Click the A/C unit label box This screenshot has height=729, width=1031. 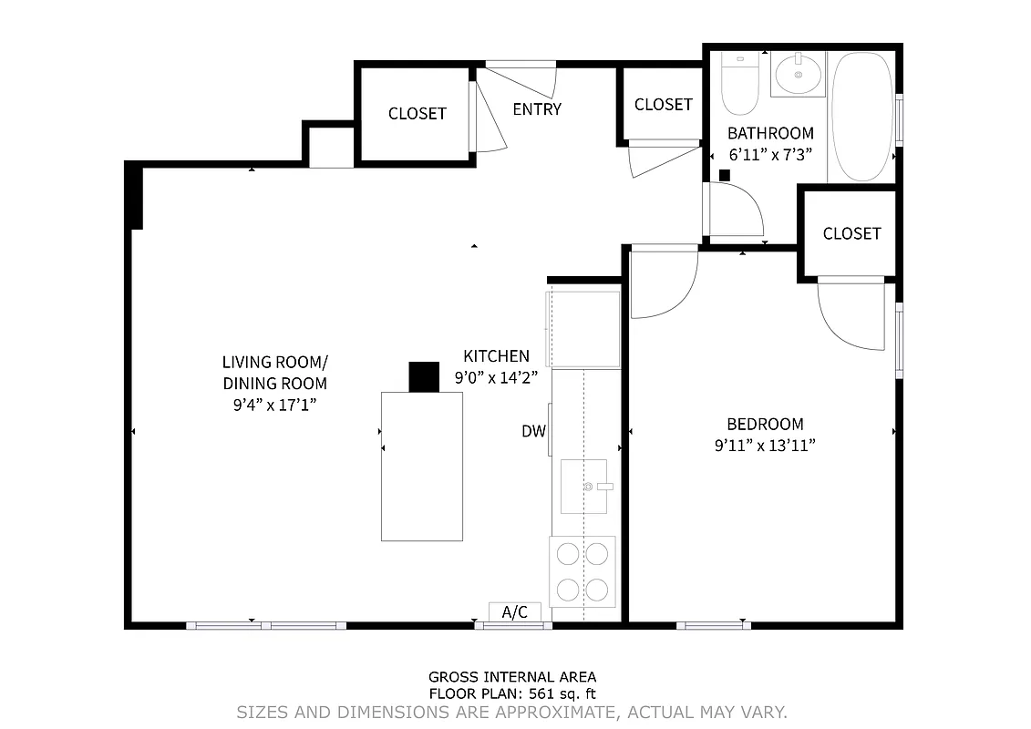[x=515, y=612]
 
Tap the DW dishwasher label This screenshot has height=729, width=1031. [x=533, y=431]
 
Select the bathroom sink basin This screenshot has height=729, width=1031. [x=799, y=74]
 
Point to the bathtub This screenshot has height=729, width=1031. [x=863, y=116]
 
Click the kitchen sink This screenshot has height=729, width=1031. [x=583, y=487]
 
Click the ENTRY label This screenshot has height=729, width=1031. [x=537, y=109]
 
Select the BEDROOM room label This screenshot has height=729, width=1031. [x=765, y=424]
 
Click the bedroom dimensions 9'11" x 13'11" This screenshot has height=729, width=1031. [x=764, y=446]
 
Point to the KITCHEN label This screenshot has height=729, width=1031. [x=496, y=355]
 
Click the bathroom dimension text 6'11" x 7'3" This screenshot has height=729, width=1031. [x=769, y=155]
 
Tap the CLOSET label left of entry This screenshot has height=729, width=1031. [x=417, y=114]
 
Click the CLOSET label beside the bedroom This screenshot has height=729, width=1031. [x=851, y=233]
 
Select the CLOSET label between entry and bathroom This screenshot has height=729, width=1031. [x=663, y=105]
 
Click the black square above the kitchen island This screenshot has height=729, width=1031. [x=424, y=376]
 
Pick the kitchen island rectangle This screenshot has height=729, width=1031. [x=421, y=466]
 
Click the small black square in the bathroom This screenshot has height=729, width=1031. [x=725, y=175]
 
